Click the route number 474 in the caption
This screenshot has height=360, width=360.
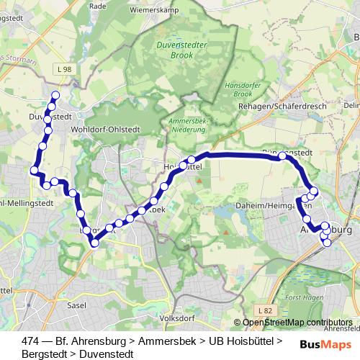click(31, 341)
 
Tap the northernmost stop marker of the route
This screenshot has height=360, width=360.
click(55, 95)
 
